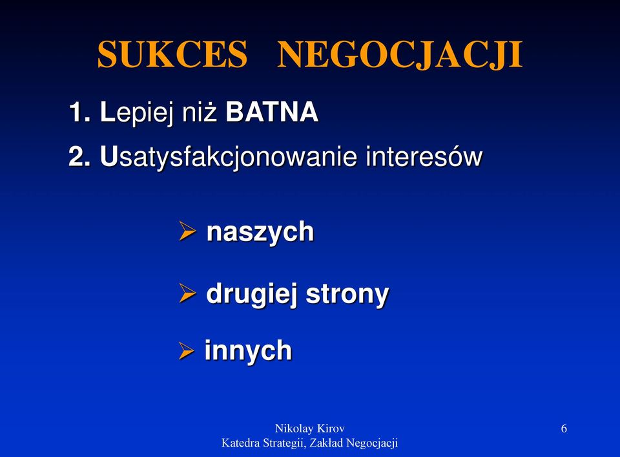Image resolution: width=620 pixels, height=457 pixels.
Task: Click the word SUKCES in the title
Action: [172, 54]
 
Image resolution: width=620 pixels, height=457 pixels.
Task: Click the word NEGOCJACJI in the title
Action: [400, 55]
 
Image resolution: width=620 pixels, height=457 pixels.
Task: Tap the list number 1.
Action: [79, 112]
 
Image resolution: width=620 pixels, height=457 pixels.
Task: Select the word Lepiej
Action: [137, 113]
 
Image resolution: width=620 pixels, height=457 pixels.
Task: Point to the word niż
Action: [200, 112]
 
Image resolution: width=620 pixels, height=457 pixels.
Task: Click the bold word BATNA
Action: [272, 112]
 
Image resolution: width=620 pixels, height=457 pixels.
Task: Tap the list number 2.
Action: [79, 156]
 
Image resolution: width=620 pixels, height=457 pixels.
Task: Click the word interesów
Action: [424, 156]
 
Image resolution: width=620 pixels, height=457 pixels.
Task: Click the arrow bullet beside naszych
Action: [187, 231]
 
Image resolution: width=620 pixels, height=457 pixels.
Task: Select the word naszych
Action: [260, 233]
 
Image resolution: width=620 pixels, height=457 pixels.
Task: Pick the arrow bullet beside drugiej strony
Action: [187, 293]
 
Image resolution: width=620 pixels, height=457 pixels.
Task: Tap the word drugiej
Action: [251, 295]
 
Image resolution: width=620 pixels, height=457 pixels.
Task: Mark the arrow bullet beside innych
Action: [186, 350]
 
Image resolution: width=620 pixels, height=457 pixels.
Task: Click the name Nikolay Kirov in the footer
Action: [309, 429]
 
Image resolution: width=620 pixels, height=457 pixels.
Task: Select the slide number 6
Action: [564, 429]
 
